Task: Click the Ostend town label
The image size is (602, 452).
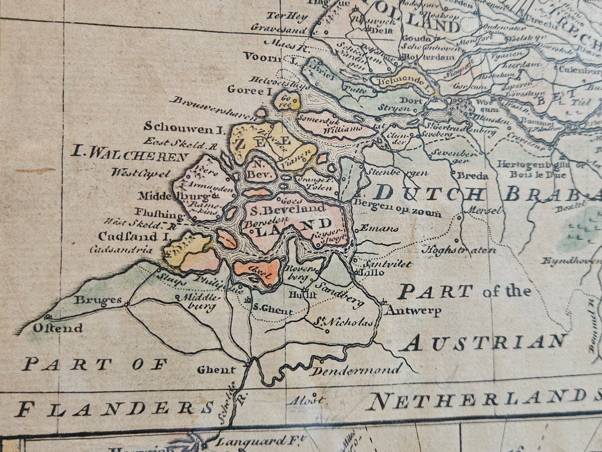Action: [x=57, y=328]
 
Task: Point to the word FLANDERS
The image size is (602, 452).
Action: [x=115, y=408]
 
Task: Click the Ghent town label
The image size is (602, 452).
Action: [x=216, y=370]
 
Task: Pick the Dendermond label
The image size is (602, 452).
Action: [x=356, y=370]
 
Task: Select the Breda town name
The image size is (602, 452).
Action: [x=473, y=175]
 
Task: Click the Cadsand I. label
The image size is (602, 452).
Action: [x=133, y=237]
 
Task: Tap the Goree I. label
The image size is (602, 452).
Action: [x=253, y=91]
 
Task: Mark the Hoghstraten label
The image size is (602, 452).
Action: [x=459, y=250]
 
